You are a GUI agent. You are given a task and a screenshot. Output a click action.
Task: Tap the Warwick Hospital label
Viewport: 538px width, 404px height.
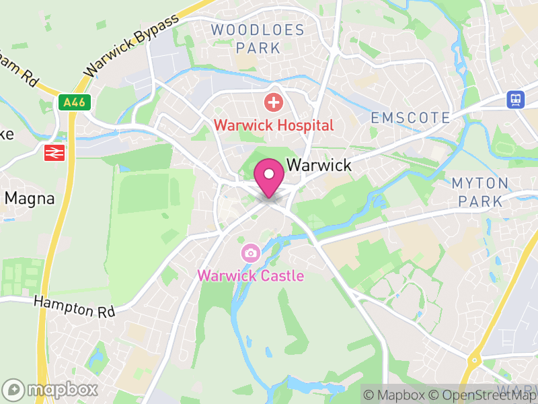274,125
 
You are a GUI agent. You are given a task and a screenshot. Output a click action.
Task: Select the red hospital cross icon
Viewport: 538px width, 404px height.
273,103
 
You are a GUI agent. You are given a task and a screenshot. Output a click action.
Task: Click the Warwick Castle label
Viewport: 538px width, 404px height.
250,276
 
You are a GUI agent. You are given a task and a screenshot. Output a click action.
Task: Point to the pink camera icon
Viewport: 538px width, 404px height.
250,254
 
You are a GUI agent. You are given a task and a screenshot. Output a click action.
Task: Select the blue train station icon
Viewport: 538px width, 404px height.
516,100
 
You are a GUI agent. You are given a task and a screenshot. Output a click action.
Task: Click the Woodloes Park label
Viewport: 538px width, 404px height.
258,38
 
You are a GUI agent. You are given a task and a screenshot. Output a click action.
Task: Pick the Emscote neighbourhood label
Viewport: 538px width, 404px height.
410,118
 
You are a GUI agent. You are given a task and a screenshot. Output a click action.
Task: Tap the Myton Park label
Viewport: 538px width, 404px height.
479,192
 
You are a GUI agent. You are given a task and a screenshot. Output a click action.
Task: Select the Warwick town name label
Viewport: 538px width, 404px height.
319,165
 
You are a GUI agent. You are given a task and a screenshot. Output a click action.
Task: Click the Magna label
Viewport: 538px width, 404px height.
29,198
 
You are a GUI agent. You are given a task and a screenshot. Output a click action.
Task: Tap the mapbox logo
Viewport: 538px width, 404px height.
51,389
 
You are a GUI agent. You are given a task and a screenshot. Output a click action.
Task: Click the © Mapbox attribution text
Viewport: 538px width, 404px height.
395,395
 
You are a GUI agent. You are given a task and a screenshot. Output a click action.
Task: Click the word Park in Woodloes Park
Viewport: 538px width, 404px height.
258,48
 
